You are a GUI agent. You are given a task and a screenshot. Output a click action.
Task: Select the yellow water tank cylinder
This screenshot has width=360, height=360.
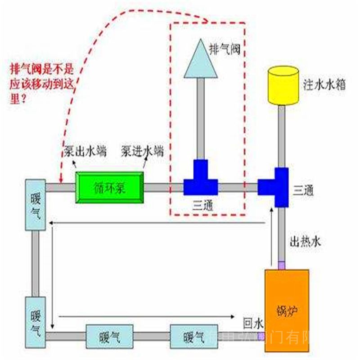point(283,85)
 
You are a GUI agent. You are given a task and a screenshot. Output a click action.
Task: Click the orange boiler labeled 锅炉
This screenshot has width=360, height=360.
point(287,309)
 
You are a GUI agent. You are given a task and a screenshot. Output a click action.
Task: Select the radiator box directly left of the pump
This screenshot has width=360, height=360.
point(35,205)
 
